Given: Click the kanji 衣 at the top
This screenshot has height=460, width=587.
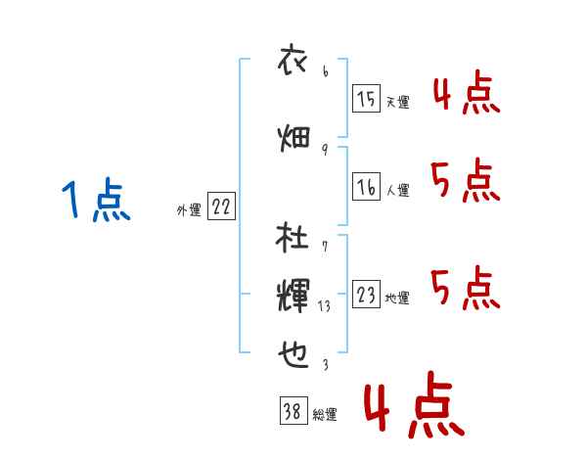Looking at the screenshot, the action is tap(293, 59).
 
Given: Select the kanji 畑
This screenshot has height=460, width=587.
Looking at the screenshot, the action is tap(293, 138).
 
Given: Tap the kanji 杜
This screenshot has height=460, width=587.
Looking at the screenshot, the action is tap(292, 237).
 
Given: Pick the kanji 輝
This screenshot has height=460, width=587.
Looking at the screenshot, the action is tap(293, 296).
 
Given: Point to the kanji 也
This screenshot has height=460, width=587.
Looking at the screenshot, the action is tap(293, 354).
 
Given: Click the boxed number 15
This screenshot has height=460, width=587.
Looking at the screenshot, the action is tap(366, 98).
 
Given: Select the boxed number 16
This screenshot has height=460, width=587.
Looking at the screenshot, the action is tap(366, 186).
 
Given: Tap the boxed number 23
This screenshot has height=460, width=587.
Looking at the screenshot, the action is tap(366, 294).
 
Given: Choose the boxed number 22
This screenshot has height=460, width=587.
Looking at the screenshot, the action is tap(221, 206).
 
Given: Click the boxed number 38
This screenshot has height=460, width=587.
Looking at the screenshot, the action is tap(293, 410).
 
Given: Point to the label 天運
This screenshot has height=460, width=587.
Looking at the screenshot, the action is tap(397, 102).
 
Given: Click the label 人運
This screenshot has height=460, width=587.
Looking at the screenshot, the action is tap(397, 190).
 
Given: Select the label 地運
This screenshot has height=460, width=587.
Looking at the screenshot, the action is tap(397, 298).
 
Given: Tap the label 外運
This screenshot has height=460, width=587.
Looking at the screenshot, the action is tap(189, 209).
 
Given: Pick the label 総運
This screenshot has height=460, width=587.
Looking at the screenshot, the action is tap(325, 414).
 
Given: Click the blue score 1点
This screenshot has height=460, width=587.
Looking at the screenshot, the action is tap(96, 199).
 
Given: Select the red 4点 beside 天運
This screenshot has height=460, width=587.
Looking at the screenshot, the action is tap(467, 92).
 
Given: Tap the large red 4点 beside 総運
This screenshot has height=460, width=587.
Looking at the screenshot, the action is tap(415, 404).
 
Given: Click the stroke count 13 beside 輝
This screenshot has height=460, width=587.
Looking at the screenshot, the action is tap(324, 306).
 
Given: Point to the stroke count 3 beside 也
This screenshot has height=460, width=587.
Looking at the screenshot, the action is tap(326, 364).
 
